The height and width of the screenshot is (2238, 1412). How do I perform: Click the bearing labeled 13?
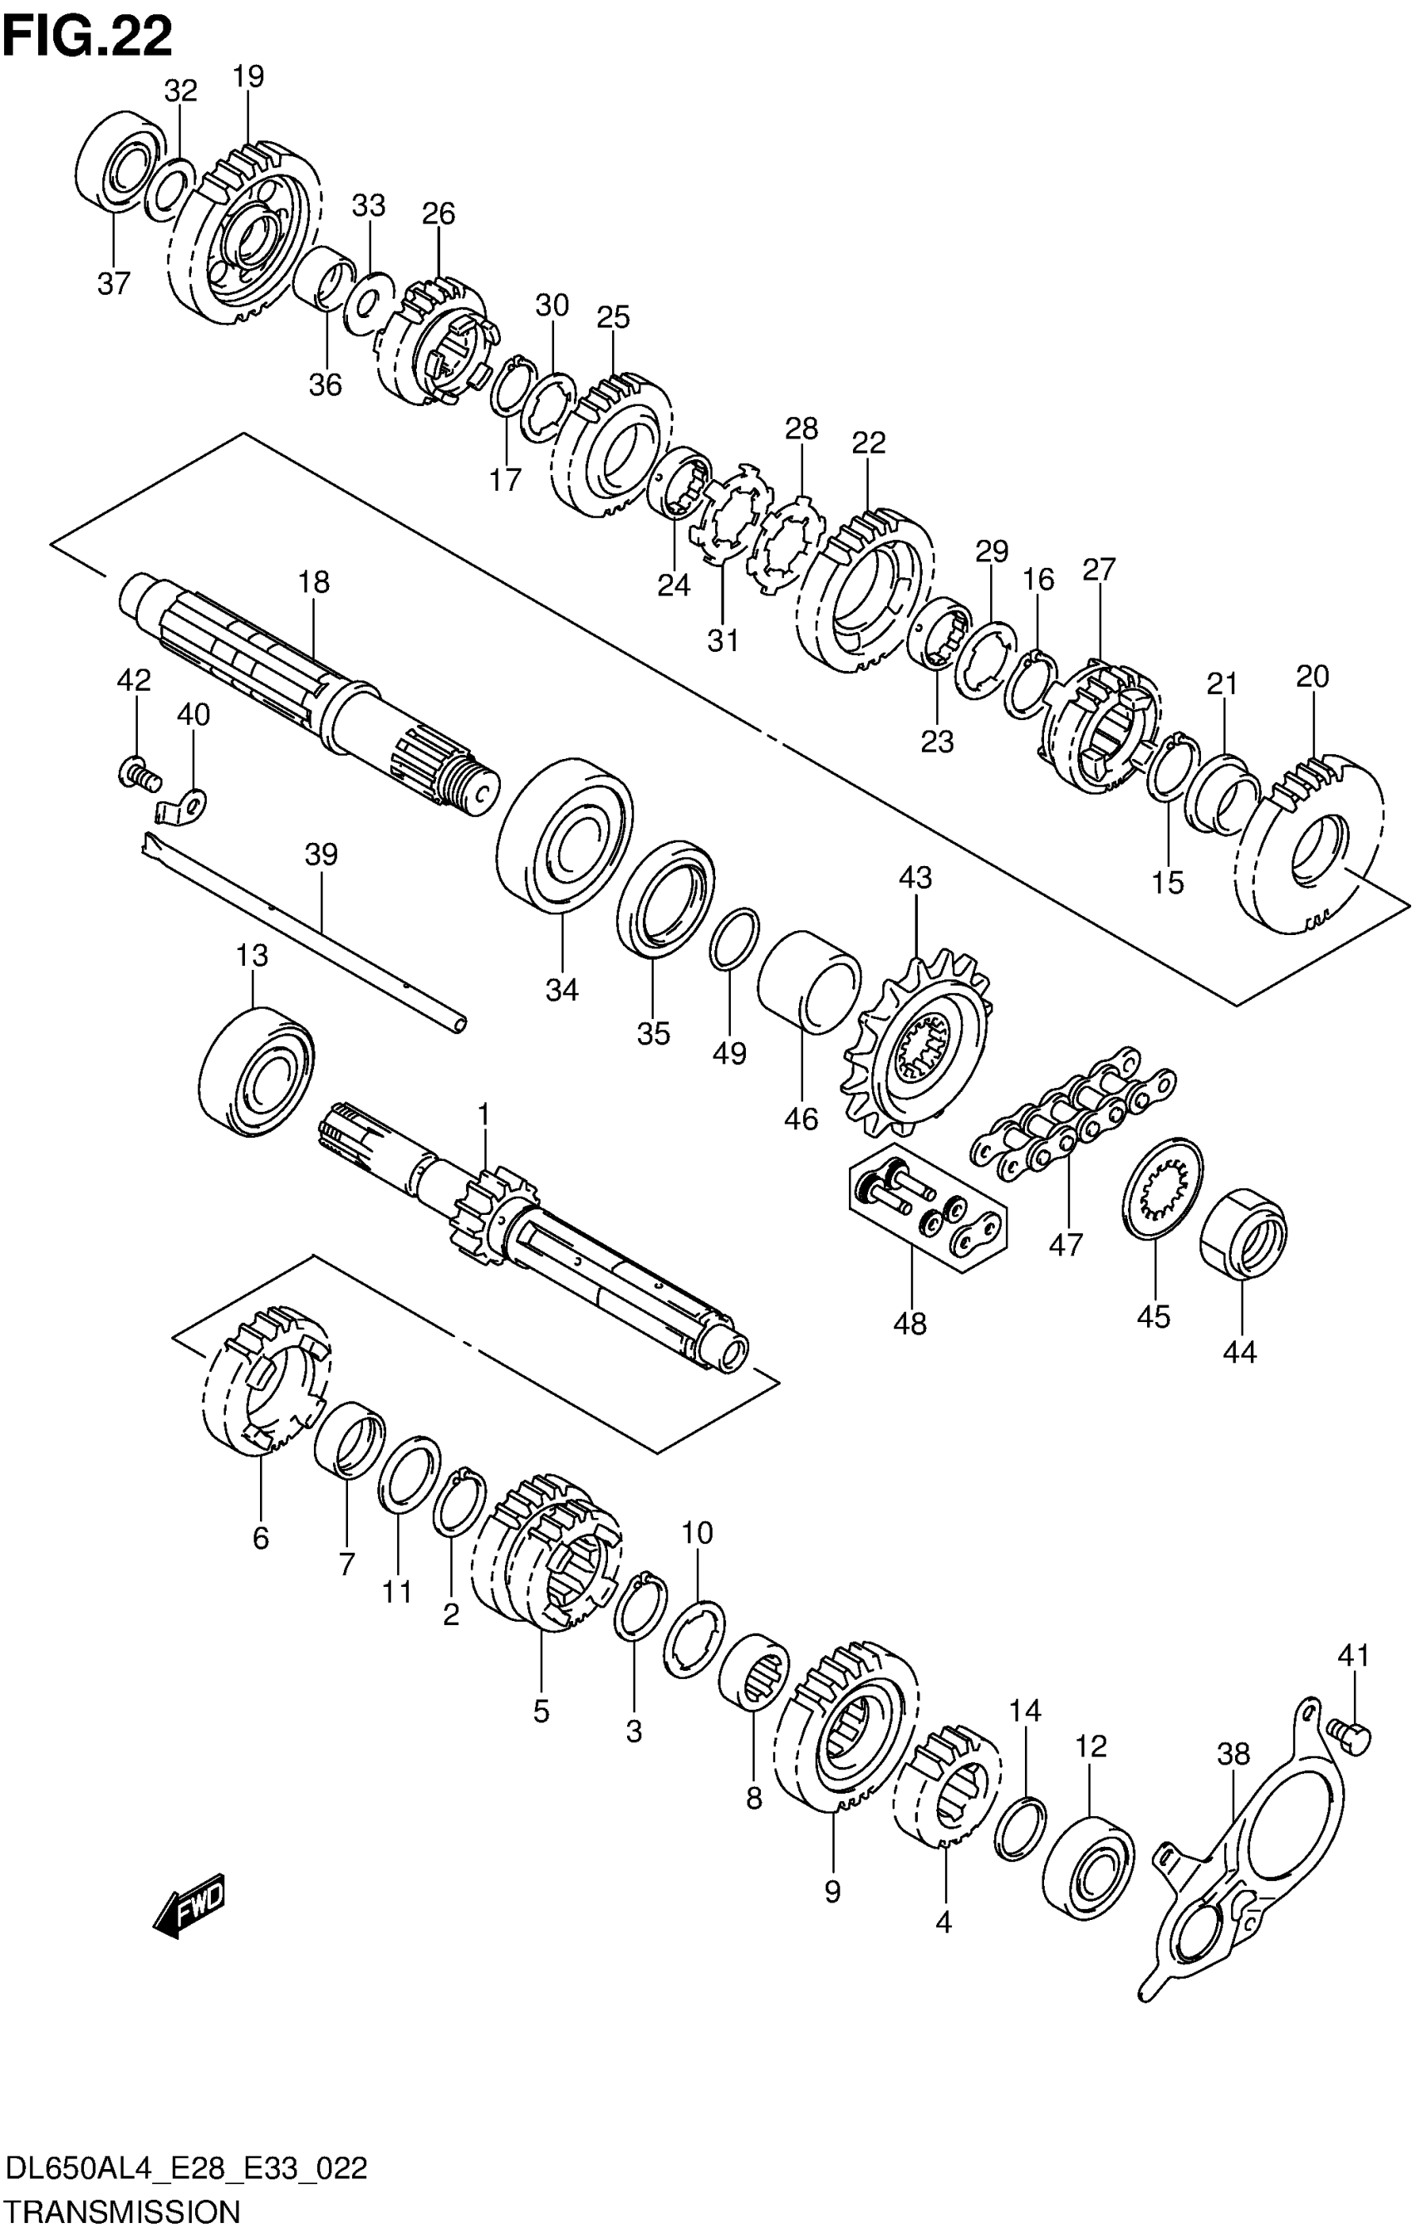257,1070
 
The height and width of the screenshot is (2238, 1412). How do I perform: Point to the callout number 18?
314,582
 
